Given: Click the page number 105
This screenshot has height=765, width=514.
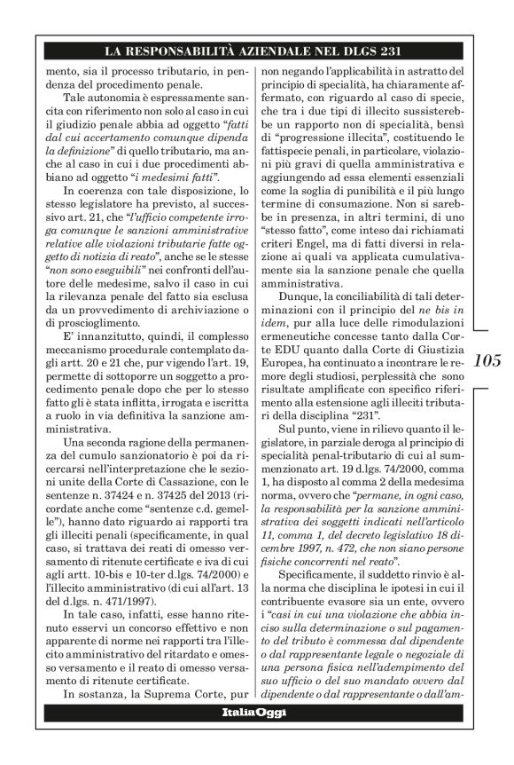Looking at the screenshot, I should coord(488,362).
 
